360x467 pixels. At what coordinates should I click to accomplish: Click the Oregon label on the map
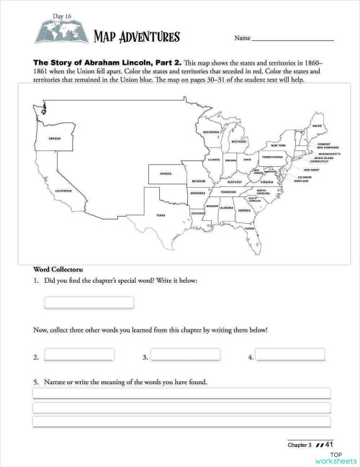pyautogui.click(x=55, y=137)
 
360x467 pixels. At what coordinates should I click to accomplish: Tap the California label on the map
pyautogui.click(x=63, y=191)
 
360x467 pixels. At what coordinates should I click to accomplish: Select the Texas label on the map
pyautogui.click(x=161, y=214)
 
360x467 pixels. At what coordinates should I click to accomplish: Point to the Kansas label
pyautogui.click(x=165, y=173)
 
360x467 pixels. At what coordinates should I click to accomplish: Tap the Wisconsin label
pyautogui.click(x=210, y=132)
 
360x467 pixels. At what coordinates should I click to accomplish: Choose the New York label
pyautogui.click(x=278, y=145)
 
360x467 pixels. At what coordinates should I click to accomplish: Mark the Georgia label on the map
pyautogui.click(x=245, y=210)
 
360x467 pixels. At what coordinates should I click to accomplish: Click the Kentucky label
pyautogui.click(x=234, y=182)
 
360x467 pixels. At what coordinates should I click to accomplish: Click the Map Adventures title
pyautogui.click(x=136, y=37)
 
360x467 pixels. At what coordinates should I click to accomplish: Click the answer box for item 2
pyautogui.click(x=78, y=355)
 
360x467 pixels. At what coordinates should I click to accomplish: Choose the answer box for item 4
pyautogui.click(x=291, y=355)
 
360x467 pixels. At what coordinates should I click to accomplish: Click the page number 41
pyautogui.click(x=332, y=444)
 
